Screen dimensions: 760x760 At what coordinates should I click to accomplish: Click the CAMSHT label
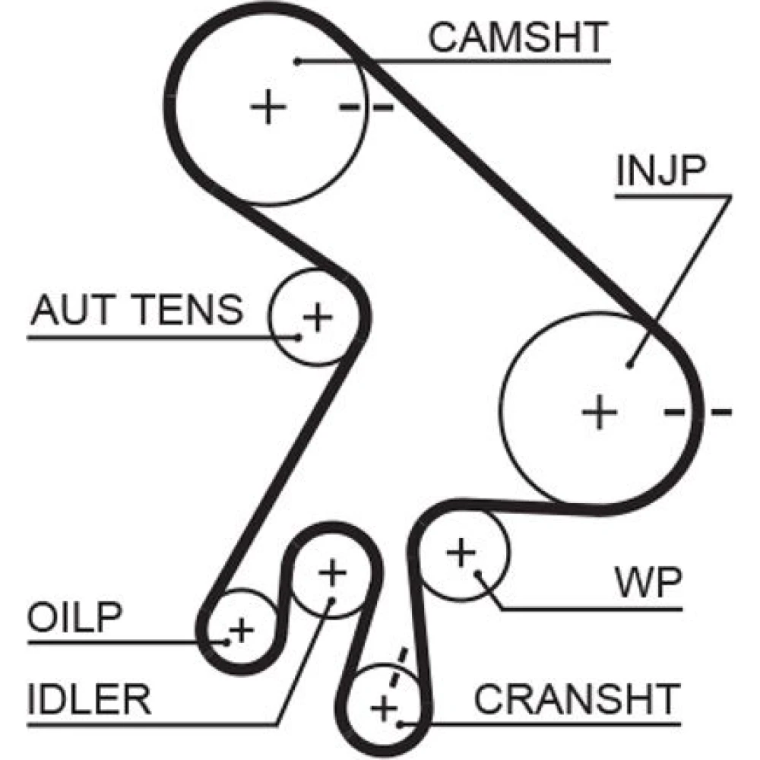click(518, 37)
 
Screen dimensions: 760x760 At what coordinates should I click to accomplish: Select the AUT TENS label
click(137, 309)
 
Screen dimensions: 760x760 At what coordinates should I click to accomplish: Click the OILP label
click(74, 619)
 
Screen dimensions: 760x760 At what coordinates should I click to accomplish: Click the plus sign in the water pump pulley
click(460, 553)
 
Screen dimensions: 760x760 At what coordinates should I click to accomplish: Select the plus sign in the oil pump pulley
click(242, 629)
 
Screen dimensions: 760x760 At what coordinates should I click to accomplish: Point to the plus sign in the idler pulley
click(331, 572)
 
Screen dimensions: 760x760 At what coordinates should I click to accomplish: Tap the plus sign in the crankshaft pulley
click(385, 710)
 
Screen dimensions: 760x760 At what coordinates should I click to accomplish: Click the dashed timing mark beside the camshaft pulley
click(366, 107)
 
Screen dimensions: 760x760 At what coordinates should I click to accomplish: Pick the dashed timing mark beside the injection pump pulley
click(698, 413)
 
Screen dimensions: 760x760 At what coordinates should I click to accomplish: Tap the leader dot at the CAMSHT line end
click(299, 60)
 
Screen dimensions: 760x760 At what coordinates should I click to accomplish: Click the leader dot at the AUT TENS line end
click(298, 335)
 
